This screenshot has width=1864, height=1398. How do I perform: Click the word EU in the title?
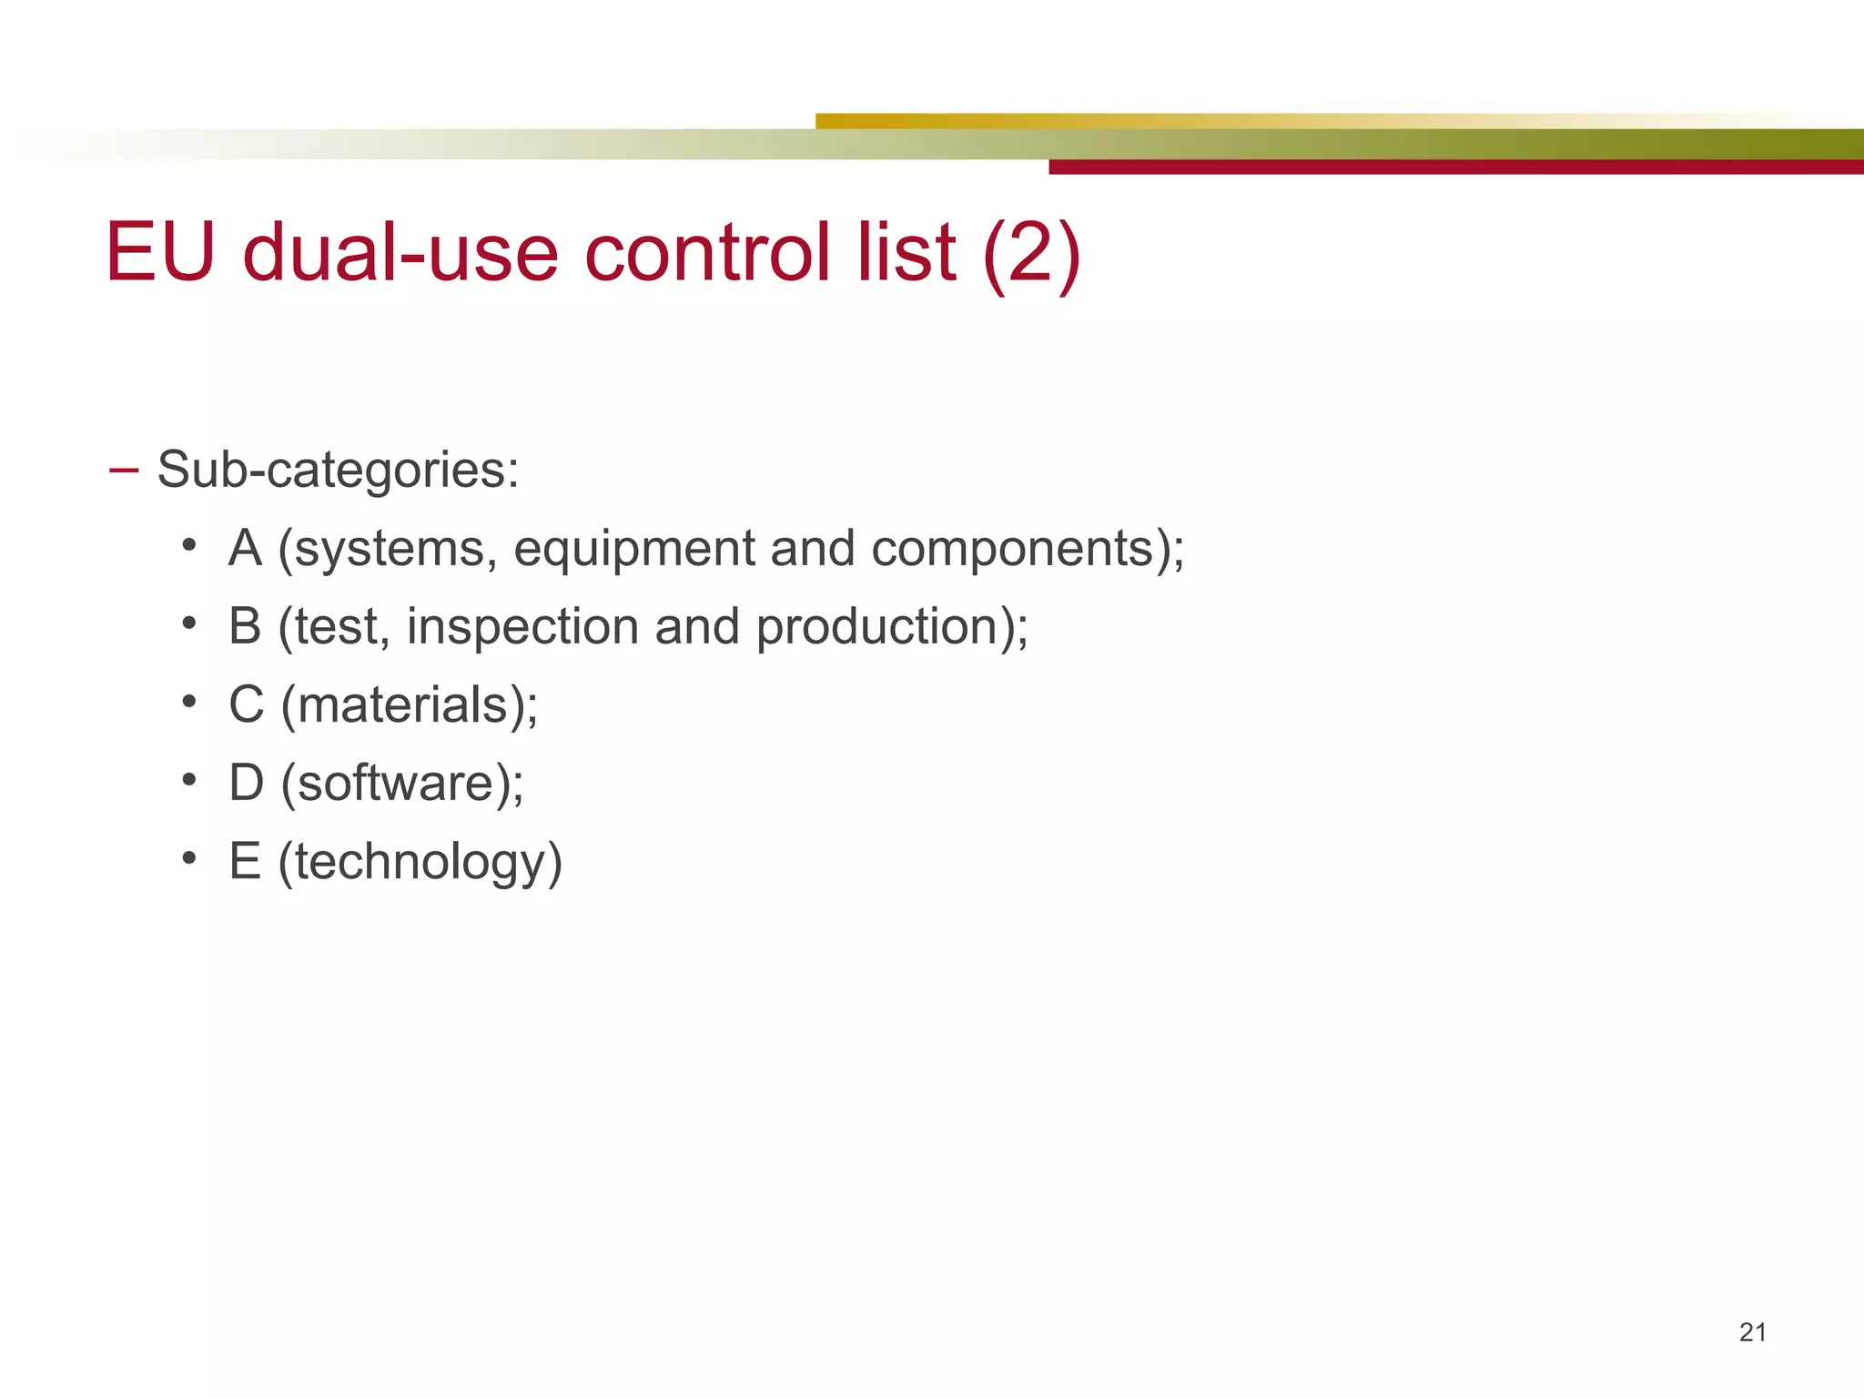(160, 252)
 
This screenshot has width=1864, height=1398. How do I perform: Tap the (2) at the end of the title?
(1031, 254)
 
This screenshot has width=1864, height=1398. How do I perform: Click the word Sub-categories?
(338, 470)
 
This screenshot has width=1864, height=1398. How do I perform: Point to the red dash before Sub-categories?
(123, 470)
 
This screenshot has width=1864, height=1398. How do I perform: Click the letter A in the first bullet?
(246, 548)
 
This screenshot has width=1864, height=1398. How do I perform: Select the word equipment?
(634, 550)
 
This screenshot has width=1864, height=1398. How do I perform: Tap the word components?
(1013, 550)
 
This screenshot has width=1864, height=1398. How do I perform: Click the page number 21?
(1752, 1332)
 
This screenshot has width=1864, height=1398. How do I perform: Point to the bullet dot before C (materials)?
(188, 702)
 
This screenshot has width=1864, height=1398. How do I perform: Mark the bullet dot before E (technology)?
(188, 858)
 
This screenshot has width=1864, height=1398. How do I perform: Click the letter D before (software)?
(247, 783)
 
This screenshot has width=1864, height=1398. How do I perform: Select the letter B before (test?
(246, 627)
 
